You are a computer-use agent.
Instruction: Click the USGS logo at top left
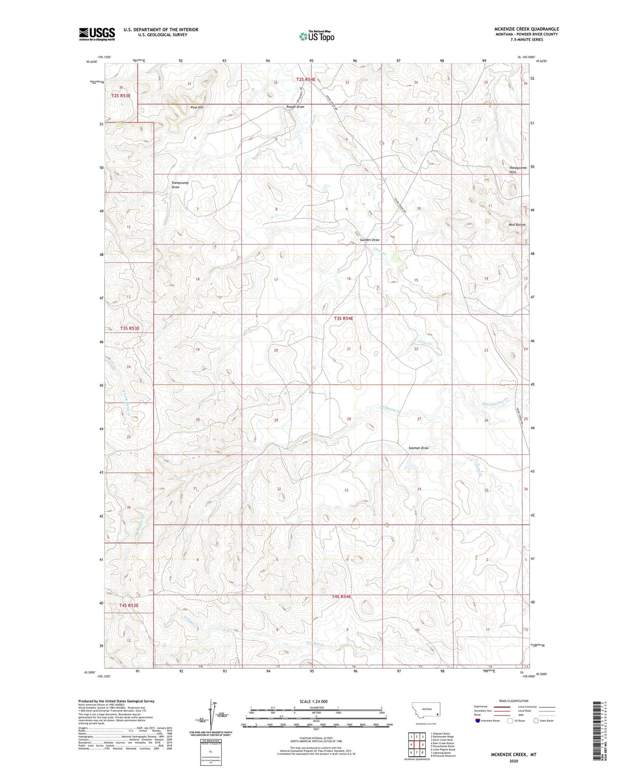tap(97, 34)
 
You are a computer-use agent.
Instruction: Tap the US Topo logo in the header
tap(316, 36)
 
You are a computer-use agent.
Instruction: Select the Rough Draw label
tap(295, 107)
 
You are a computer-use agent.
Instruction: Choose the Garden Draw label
tap(369, 240)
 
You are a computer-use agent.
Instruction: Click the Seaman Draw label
tap(418, 448)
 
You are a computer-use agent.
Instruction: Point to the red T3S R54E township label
tap(343, 318)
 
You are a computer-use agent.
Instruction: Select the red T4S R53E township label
tap(129, 606)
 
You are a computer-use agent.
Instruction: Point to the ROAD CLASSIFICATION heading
tap(514, 701)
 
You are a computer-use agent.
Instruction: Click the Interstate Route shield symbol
tap(478, 721)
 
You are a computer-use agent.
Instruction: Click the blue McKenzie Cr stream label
tap(390, 409)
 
